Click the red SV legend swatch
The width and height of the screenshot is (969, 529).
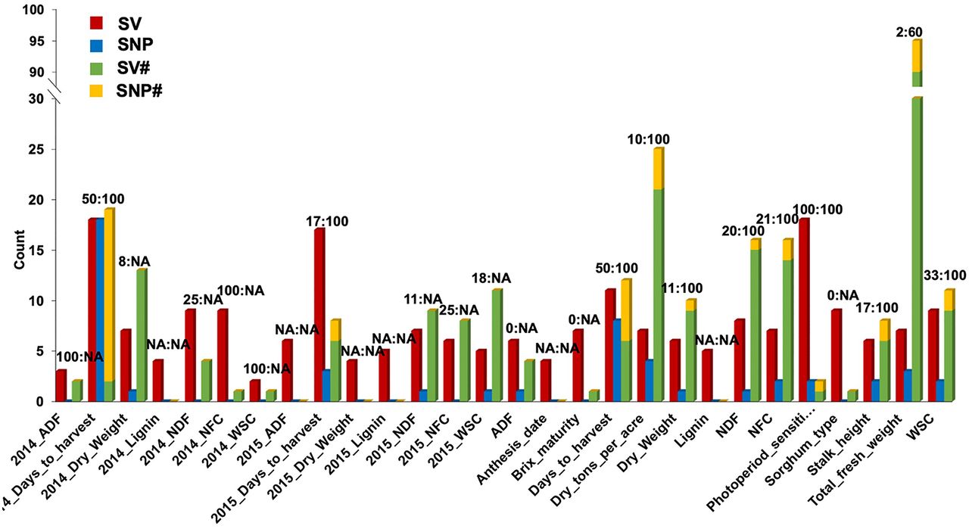(95, 21)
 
